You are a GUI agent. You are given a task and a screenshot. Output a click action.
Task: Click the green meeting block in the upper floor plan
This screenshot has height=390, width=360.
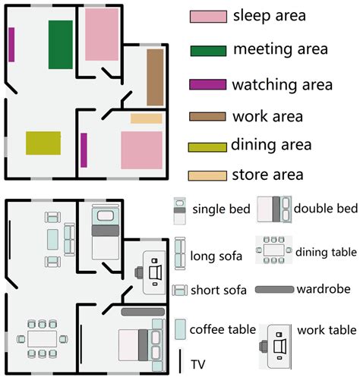pos(60,43)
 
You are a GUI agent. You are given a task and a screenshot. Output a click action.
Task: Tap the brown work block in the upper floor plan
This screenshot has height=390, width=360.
pos(155,77)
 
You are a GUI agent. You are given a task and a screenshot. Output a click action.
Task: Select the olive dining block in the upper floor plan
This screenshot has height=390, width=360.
pos(43,143)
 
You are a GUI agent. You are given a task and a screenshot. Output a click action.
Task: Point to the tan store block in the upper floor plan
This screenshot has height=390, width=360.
pos(146,118)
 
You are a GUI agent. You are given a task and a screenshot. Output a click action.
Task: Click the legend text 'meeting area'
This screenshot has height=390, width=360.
pos(280,50)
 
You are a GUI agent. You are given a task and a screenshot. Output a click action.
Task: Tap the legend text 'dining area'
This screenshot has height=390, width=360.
pos(272,143)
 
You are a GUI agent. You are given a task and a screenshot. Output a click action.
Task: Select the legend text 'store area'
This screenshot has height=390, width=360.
pos(268,175)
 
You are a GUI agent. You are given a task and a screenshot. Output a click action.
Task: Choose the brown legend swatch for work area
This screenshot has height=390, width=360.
pos(207,117)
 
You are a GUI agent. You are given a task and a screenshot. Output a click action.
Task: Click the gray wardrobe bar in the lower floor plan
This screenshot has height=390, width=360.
pos(143,312)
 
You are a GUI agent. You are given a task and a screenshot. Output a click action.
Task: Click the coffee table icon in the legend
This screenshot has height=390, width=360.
pos(180,329)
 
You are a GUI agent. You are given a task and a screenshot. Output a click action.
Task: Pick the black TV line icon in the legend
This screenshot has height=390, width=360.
pos(180,362)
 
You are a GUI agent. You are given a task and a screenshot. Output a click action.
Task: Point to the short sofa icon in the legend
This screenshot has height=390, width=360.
pos(180,290)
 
